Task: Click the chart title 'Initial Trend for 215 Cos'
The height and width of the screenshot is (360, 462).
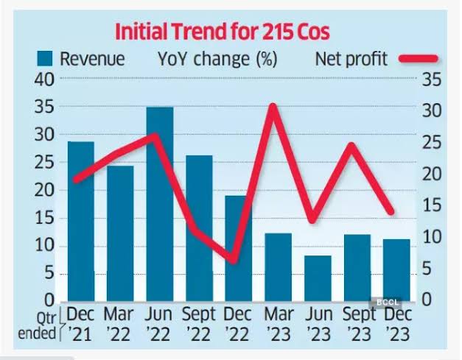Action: click(x=223, y=32)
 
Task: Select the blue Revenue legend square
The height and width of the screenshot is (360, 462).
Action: click(x=44, y=58)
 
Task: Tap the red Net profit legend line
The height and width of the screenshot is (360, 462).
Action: click(x=419, y=58)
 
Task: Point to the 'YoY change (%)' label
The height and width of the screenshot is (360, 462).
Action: click(x=218, y=59)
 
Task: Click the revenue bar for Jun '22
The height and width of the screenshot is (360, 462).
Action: click(x=160, y=204)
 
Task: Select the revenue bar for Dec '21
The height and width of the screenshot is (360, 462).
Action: click(x=81, y=222)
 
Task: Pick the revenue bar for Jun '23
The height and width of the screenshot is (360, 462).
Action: click(x=318, y=278)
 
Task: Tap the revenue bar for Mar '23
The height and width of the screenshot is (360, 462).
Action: click(x=279, y=267)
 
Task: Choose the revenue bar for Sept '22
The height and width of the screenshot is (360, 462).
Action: click(x=199, y=228)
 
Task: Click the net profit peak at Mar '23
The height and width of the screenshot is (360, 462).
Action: click(x=273, y=106)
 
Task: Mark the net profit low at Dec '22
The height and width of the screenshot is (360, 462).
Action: click(x=234, y=261)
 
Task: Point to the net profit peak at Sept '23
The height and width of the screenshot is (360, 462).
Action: click(x=351, y=145)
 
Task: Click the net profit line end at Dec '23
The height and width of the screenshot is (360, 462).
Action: click(x=391, y=211)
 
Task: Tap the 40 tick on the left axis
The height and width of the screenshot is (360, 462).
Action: click(x=44, y=79)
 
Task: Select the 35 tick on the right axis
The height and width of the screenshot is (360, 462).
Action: click(x=432, y=79)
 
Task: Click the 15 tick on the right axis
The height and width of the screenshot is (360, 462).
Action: click(x=432, y=205)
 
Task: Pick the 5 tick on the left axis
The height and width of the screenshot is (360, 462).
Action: click(x=49, y=274)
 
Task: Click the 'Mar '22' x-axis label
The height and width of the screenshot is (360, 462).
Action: click(x=119, y=324)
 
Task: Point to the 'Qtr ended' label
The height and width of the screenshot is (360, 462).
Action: click(x=37, y=326)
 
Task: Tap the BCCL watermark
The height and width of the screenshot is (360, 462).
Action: click(x=388, y=303)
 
